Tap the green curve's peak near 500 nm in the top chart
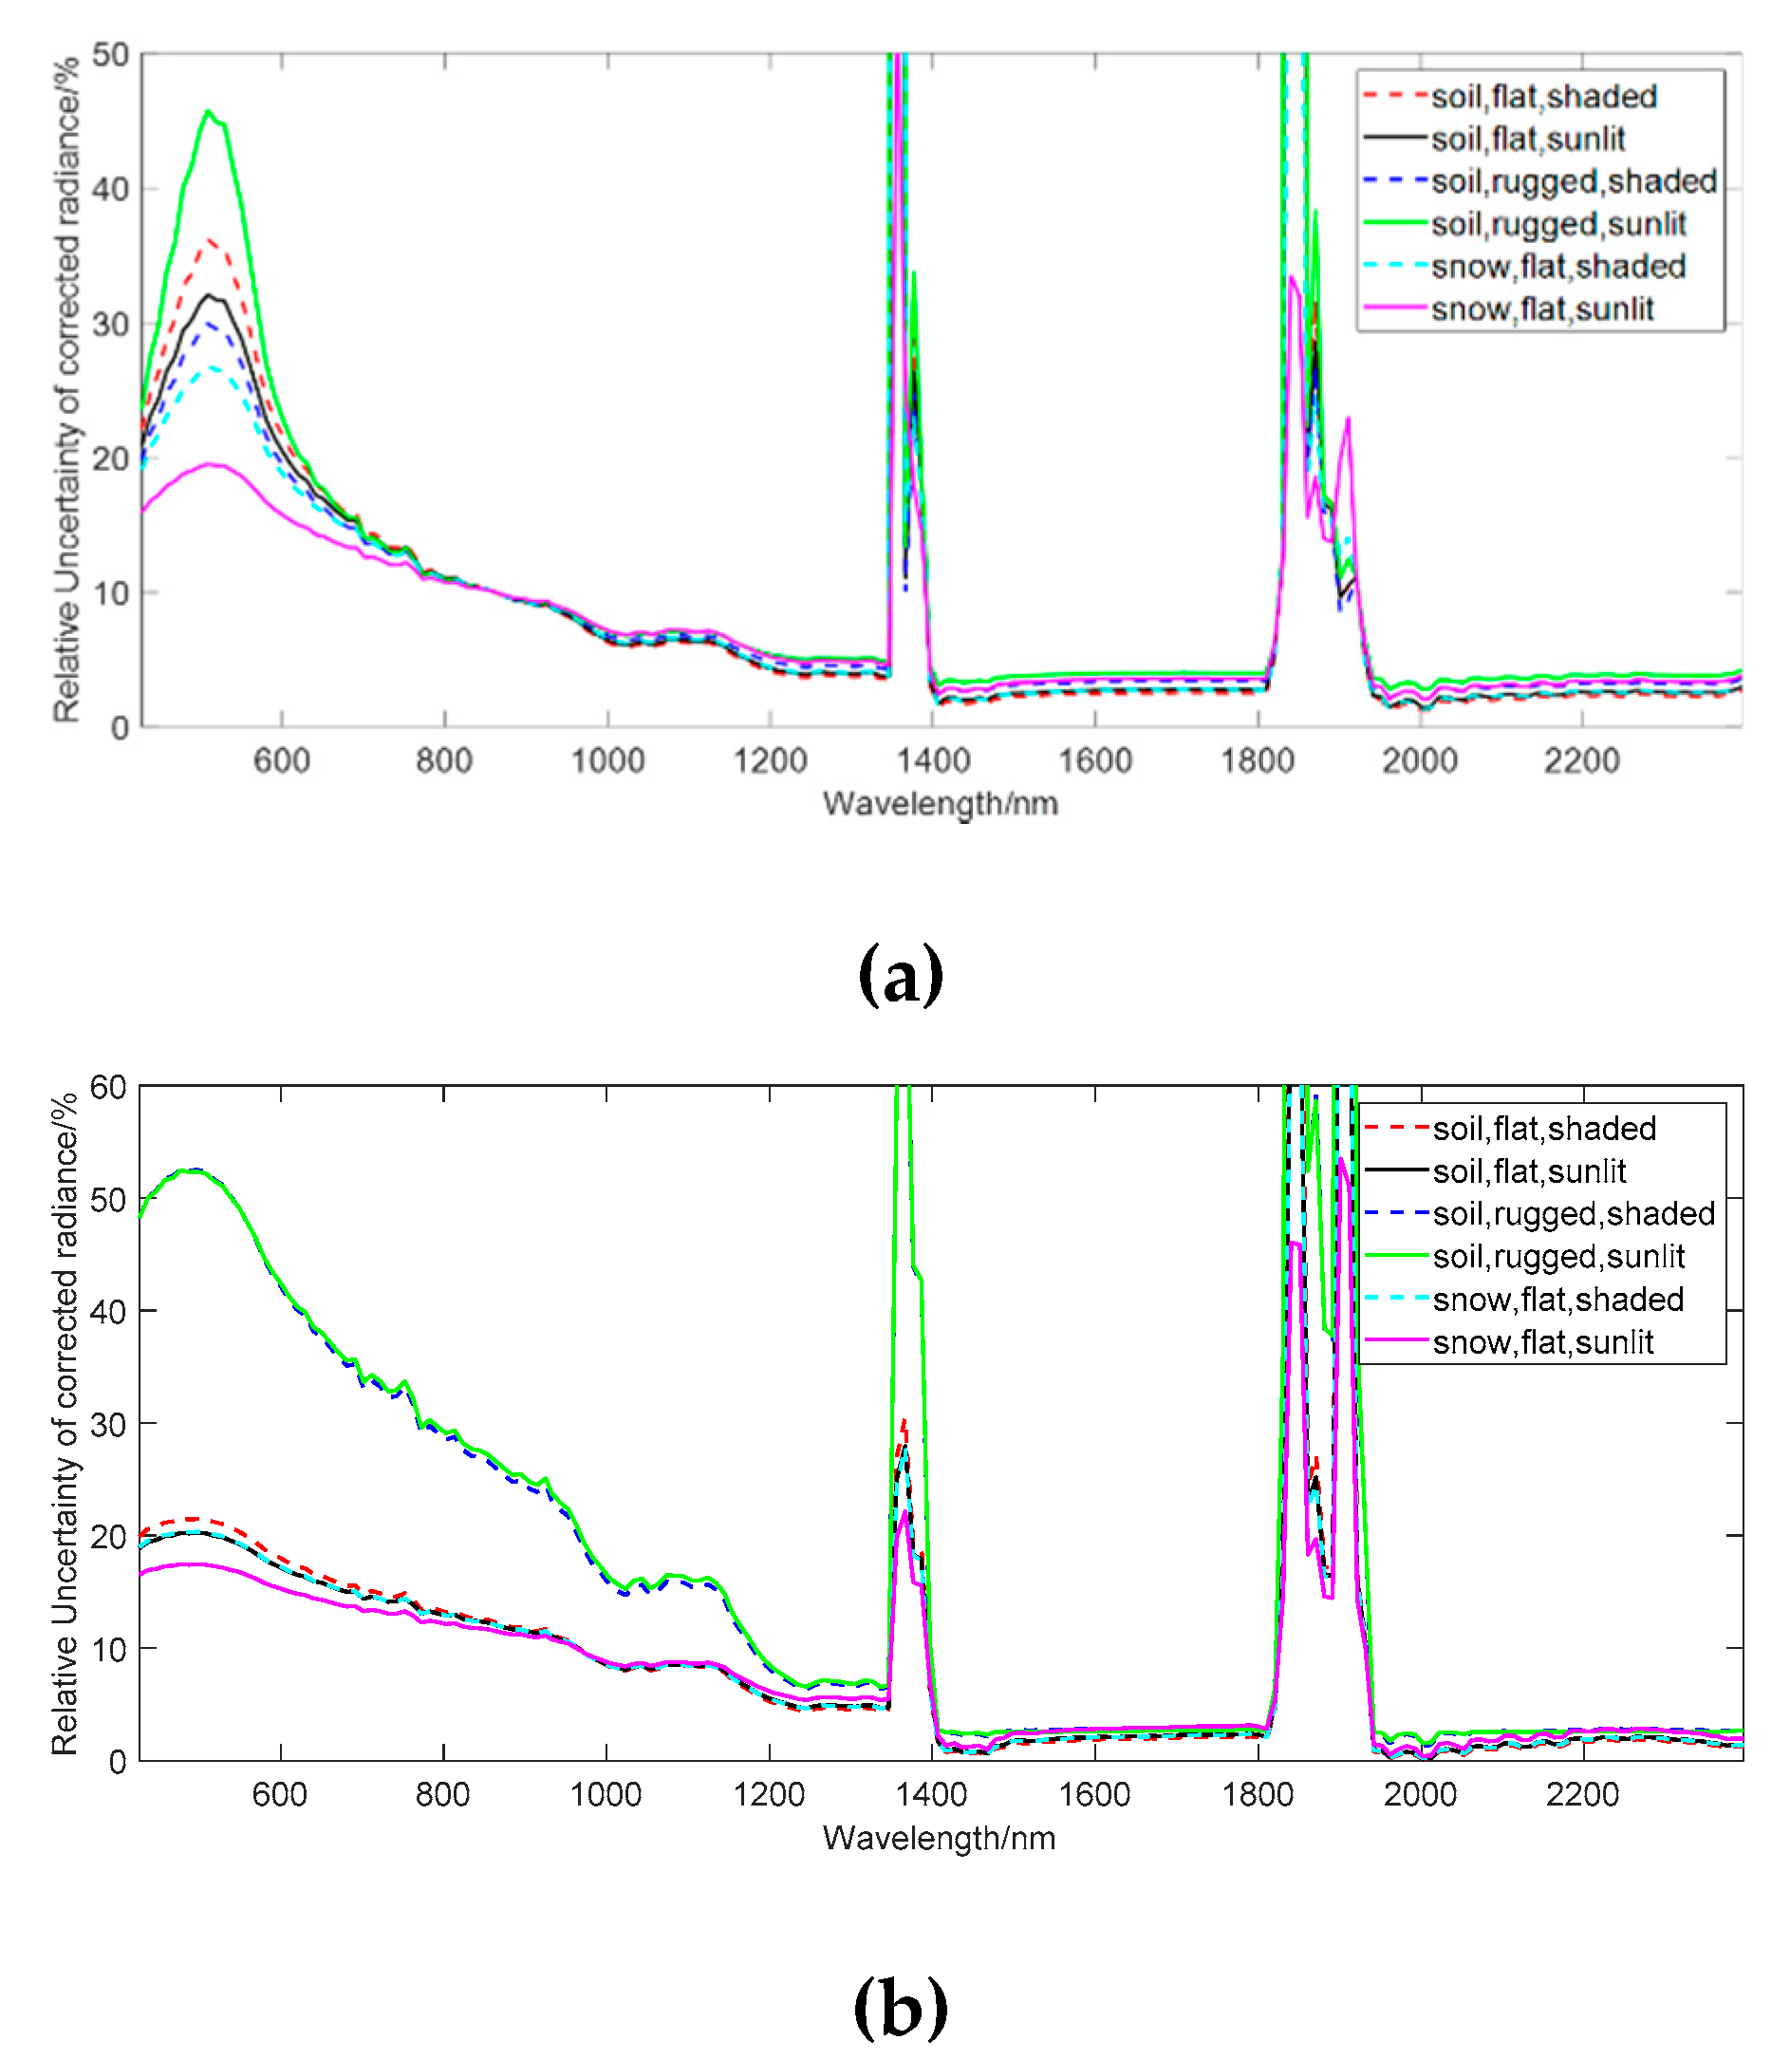pos(208,111)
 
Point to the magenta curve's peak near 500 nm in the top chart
pos(210,463)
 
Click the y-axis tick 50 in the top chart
pos(110,55)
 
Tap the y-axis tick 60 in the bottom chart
pos(108,1087)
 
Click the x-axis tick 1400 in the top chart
pos(933,760)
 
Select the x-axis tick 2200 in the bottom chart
pos(1582,1794)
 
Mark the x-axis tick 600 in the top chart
pos(282,760)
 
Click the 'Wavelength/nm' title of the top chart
pos(940,803)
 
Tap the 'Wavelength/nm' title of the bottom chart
pos(939,1838)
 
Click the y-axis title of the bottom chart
pos(64,1424)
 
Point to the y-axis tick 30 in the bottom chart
pos(108,1425)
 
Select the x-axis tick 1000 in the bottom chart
pos(606,1794)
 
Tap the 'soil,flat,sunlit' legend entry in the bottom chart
pos(1528,1170)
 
